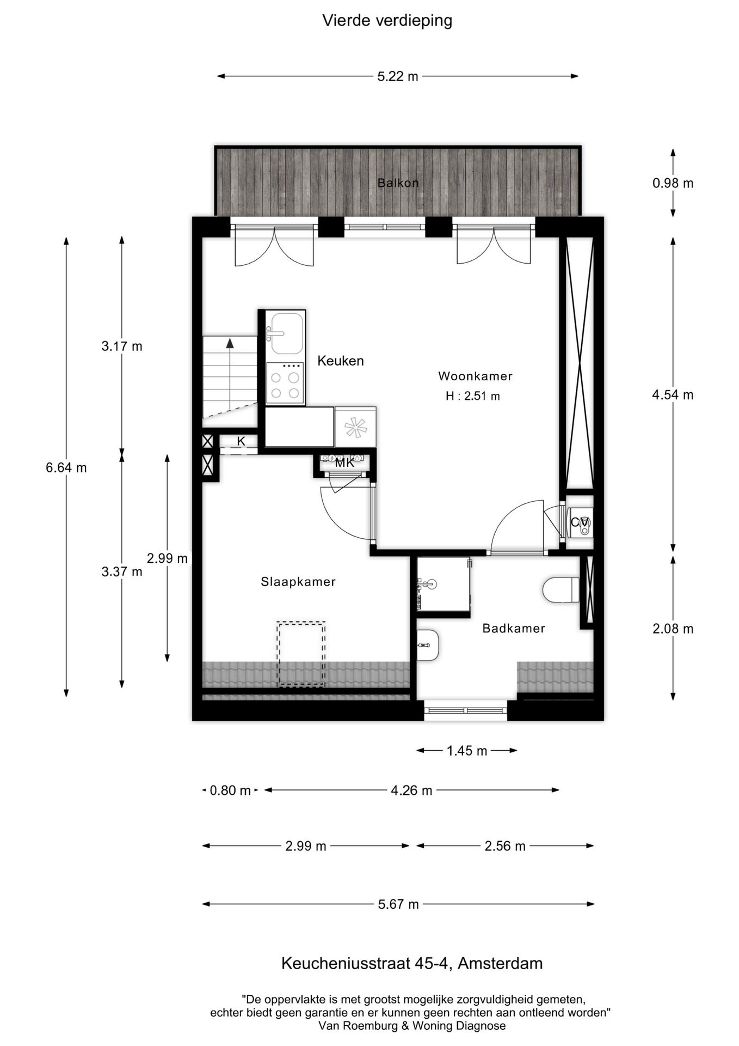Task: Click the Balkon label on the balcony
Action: click(x=398, y=183)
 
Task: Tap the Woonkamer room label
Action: click(x=475, y=376)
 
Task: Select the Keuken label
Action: click(x=340, y=361)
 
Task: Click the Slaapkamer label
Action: click(x=298, y=582)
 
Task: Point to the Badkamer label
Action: click(x=513, y=629)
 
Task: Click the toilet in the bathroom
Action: click(x=561, y=590)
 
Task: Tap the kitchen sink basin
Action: click(x=286, y=333)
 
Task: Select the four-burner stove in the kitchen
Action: click(x=285, y=385)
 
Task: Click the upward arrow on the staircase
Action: click(x=230, y=344)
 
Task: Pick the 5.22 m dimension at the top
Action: click(x=398, y=77)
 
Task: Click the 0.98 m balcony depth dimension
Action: click(x=673, y=183)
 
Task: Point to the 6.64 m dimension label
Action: click(x=66, y=467)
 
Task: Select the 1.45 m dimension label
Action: click(x=466, y=751)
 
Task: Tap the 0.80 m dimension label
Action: click(x=230, y=790)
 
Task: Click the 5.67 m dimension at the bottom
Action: click(x=398, y=904)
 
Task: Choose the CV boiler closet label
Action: click(x=578, y=522)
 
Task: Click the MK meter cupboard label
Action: click(x=344, y=464)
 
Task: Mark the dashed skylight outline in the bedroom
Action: click(x=301, y=654)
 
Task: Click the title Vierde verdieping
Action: click(x=387, y=21)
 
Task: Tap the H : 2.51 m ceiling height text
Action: click(x=472, y=397)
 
